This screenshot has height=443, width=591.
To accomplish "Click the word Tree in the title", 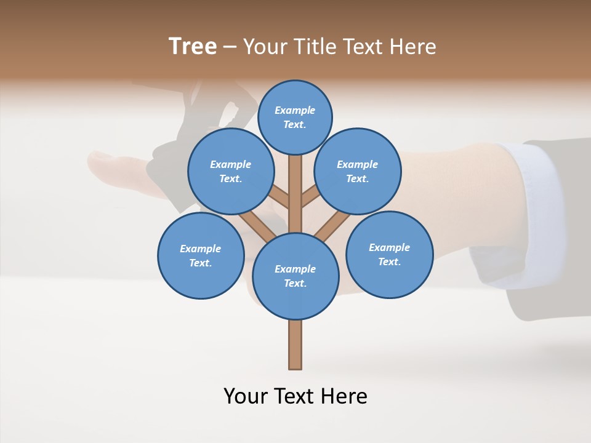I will [193, 46].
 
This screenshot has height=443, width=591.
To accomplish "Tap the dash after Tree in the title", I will [230, 47].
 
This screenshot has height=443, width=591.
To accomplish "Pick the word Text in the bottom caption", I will [295, 396].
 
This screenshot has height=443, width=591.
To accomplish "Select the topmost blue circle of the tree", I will [295, 117].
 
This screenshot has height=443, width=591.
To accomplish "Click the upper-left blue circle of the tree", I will [231, 171].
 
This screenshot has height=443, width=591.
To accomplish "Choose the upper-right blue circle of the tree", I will [358, 171].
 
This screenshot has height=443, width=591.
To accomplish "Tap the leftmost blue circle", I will [201, 255].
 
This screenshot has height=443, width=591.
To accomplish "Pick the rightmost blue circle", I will [390, 254].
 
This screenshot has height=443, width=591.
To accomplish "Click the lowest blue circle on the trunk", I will [295, 276].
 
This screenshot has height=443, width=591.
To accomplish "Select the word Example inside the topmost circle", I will [295, 110].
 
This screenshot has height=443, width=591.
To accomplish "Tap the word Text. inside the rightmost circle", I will [389, 261].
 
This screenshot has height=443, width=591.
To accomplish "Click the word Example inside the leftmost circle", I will [200, 249].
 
